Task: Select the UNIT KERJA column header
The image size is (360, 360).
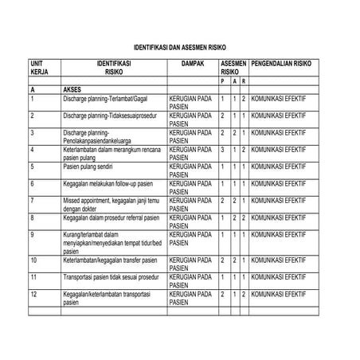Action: (39, 67)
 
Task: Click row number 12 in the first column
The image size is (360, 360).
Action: (33, 294)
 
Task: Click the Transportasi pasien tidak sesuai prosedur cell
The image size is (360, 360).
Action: (110, 277)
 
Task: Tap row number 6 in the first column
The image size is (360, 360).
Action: (32, 183)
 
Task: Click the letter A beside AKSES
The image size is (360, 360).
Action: (32, 91)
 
